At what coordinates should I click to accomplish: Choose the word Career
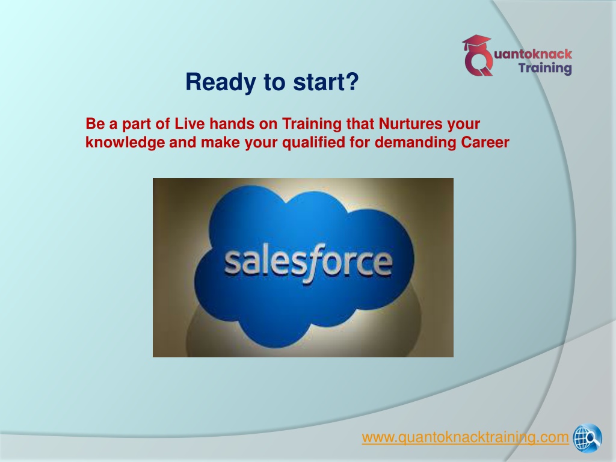[485, 142]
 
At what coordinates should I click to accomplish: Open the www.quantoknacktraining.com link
[465, 437]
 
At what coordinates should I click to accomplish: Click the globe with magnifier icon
[587, 438]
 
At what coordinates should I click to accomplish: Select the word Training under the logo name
[545, 68]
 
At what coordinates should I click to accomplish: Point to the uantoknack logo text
[533, 54]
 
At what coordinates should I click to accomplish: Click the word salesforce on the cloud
[309, 262]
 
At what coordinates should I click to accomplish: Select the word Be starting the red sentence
[96, 123]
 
